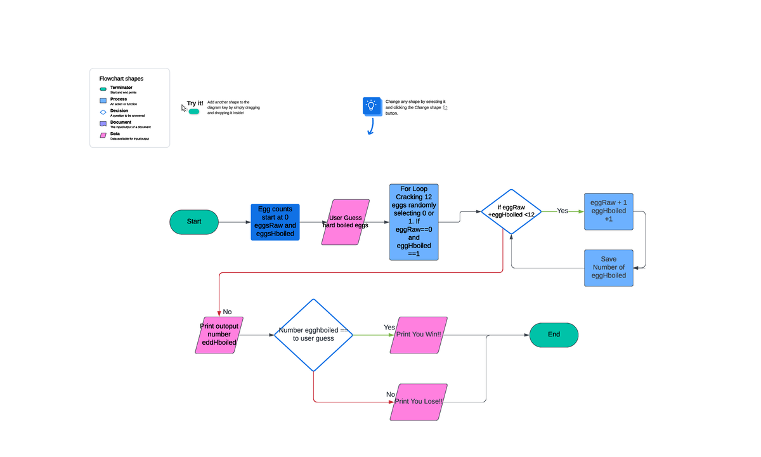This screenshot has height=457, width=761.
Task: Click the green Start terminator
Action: [194, 222]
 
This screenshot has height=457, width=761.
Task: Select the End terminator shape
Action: [554, 334]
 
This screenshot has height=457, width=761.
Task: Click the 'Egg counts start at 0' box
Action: [275, 222]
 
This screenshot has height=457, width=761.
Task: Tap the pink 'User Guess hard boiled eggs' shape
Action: [345, 222]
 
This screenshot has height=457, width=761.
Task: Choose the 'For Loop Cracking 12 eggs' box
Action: [413, 222]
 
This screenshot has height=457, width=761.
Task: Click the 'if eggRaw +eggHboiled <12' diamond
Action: [511, 211]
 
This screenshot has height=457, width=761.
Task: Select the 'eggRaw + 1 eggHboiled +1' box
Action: [608, 211]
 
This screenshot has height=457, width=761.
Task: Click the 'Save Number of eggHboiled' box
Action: [608, 268]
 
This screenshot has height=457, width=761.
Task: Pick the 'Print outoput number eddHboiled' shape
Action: [219, 334]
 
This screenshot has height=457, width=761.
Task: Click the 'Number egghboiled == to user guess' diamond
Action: [313, 334]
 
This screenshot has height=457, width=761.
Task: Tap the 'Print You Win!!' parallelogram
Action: [418, 334]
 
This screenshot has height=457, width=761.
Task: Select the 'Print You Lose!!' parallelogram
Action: [418, 402]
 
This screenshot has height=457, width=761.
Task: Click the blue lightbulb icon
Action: [372, 106]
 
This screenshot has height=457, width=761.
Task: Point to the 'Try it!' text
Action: [195, 103]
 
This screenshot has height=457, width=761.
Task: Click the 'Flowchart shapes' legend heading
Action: [121, 79]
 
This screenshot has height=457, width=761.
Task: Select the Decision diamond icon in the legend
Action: [103, 112]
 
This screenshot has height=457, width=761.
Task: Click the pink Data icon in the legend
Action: [103, 135]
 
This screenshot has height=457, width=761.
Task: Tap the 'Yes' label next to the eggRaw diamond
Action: [563, 211]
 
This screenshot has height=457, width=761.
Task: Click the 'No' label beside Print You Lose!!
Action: [391, 395]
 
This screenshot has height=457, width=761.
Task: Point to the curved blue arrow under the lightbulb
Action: [370, 127]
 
